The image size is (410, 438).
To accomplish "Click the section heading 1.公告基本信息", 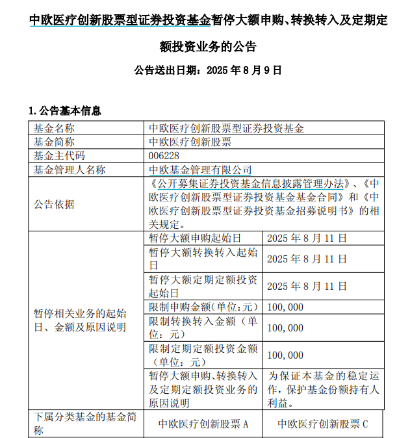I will click(x=65, y=111).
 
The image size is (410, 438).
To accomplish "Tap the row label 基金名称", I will click(x=55, y=129).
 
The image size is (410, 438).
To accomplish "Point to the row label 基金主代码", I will click(x=59, y=156).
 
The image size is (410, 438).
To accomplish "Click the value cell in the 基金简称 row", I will click(x=190, y=142).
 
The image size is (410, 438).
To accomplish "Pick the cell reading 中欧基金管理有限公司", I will click(x=200, y=170).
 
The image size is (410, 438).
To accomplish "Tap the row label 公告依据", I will click(x=55, y=205).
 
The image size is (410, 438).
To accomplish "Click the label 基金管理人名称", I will click(x=70, y=170).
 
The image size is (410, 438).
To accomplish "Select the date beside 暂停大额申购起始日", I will click(x=307, y=238).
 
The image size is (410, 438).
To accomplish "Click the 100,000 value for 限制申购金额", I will click(x=285, y=307).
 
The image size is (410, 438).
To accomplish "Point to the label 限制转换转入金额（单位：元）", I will click(x=203, y=328).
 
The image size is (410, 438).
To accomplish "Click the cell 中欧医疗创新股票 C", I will click(x=323, y=424).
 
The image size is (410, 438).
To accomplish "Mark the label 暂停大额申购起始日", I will click(x=195, y=238).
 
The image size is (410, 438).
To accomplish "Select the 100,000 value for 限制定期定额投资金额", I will click(x=285, y=355).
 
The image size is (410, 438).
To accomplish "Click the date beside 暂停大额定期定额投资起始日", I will click(x=307, y=286).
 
